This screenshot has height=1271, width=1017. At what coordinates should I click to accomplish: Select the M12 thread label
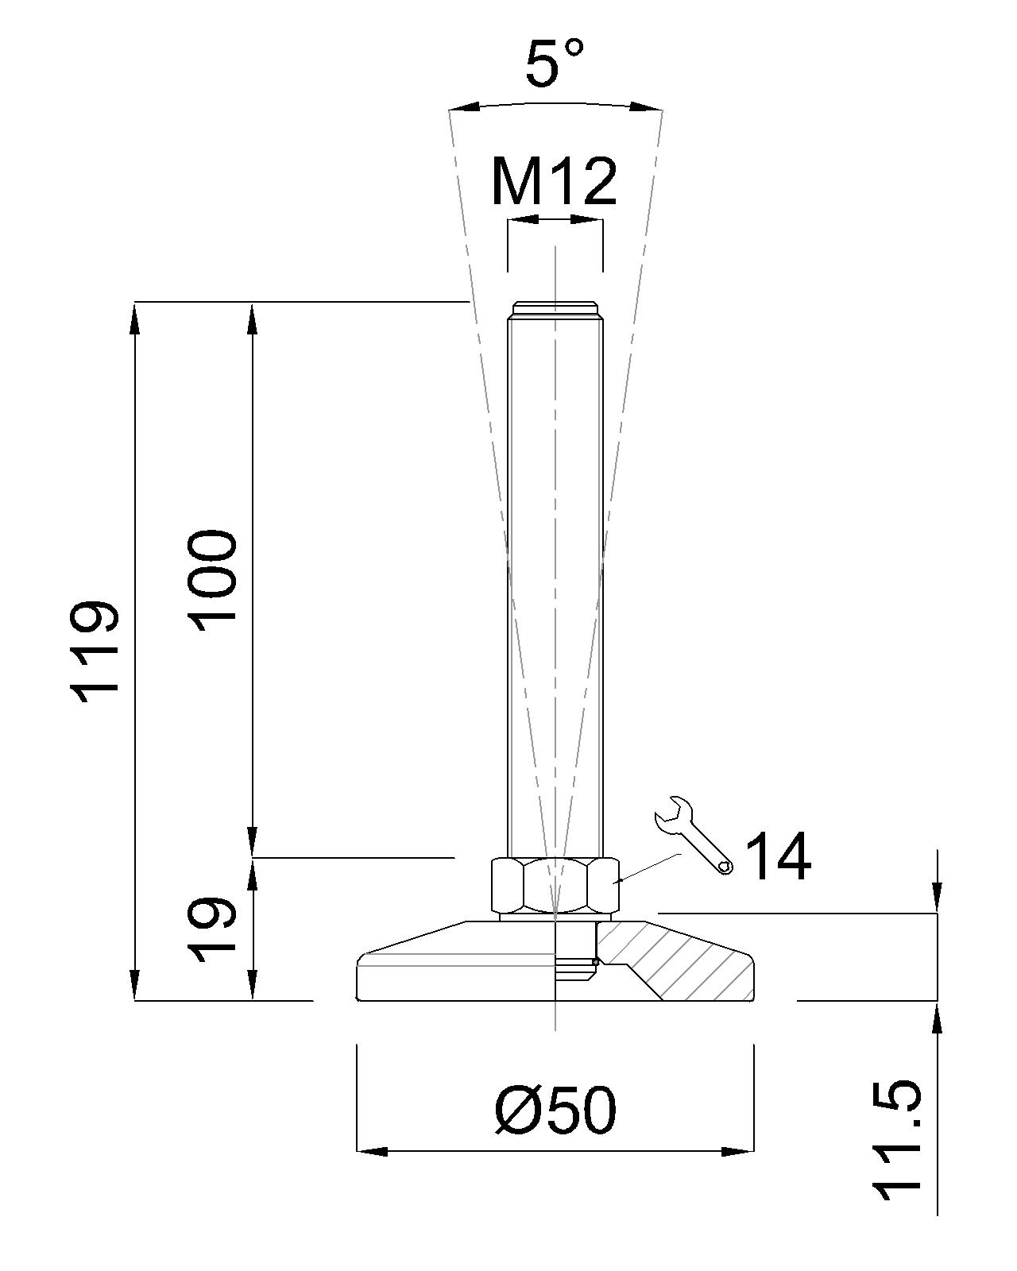[x=554, y=181]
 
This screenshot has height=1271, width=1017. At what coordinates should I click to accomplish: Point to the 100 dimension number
[x=213, y=580]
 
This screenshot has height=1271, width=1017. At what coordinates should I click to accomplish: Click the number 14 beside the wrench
[x=779, y=856]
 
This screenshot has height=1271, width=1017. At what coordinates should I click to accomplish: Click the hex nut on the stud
[x=555, y=885]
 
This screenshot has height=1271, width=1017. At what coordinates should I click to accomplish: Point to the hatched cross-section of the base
[x=683, y=961]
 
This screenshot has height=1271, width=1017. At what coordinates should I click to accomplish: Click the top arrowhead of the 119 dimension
[x=135, y=318]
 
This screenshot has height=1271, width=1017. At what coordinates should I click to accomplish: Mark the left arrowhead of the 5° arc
[x=464, y=107]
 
